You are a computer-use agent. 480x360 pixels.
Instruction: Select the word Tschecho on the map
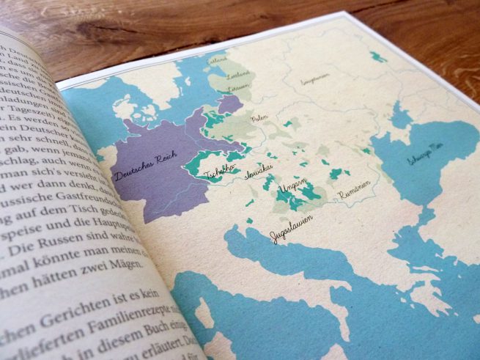pyautogui.click(x=220, y=175)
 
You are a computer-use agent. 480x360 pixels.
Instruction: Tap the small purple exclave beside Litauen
pyautogui.click(x=229, y=104)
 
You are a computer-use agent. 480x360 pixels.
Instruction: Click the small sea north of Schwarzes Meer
pyautogui.click(x=399, y=116)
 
